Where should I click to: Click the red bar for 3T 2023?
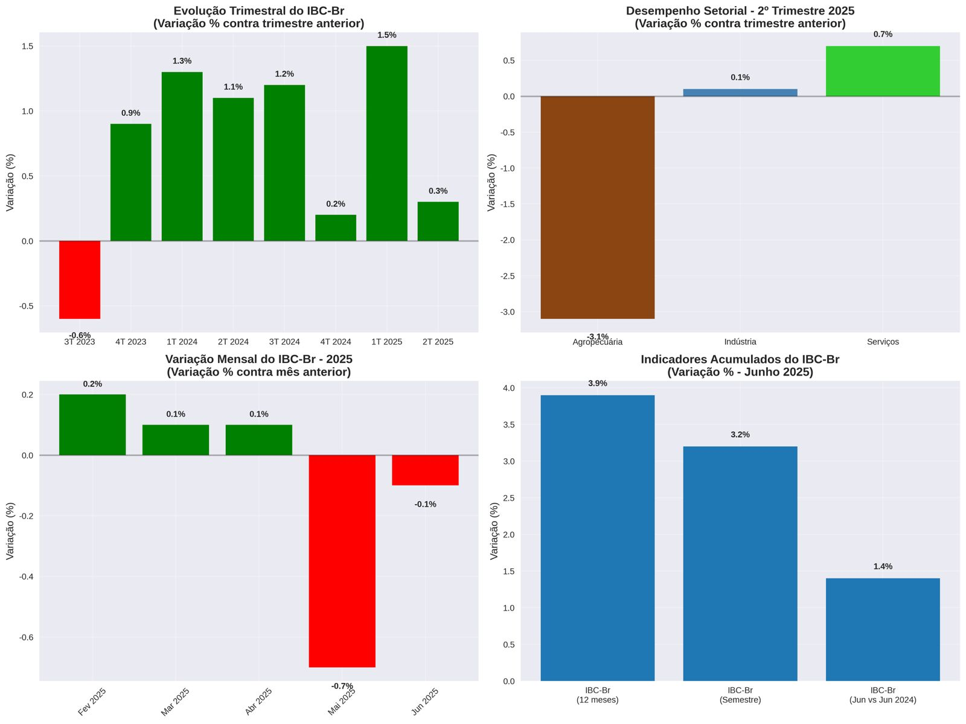(x=80, y=280)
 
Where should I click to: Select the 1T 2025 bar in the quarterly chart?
(x=386, y=144)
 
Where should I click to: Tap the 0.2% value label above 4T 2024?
(x=336, y=204)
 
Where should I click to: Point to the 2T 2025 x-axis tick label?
(x=438, y=342)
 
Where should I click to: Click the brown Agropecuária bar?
(x=597, y=207)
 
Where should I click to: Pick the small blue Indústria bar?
(x=740, y=92)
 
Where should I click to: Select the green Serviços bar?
(x=883, y=71)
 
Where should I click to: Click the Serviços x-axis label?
(x=883, y=342)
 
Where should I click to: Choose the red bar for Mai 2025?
(x=342, y=561)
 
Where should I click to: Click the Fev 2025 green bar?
(x=92, y=424)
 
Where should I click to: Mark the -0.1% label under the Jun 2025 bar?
(x=425, y=504)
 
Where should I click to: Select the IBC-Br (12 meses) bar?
(x=597, y=538)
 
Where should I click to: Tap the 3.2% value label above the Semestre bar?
(x=740, y=435)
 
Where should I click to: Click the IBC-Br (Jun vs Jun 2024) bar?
(x=883, y=629)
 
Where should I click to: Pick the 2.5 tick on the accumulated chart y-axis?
(x=509, y=498)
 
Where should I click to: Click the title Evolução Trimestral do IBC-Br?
(x=259, y=11)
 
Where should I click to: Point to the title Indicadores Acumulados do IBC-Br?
(x=740, y=360)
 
